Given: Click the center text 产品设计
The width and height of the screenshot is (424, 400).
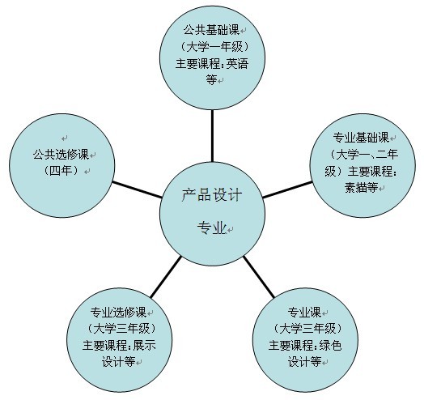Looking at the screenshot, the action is click(212, 195).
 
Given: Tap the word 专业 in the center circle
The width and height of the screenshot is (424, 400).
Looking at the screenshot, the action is click(211, 228).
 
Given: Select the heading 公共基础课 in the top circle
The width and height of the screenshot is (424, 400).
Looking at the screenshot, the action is click(211, 30).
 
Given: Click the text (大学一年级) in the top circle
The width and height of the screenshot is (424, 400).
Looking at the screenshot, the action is click(214, 47).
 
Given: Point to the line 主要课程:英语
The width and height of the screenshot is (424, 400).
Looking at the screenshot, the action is click(212, 64).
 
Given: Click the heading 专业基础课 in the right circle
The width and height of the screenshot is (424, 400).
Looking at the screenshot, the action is click(361, 138).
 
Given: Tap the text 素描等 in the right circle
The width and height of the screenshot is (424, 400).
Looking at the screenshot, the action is click(361, 187).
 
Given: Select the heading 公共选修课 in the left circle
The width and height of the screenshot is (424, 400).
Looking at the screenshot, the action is click(61, 155).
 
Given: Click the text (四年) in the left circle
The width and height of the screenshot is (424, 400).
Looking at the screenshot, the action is click(61, 171).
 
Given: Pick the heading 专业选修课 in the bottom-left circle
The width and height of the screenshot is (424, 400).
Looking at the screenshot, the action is click(118, 312).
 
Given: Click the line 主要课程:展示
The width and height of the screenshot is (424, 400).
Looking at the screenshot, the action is click(119, 345).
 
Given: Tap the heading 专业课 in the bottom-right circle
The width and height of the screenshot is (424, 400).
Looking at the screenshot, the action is click(304, 312).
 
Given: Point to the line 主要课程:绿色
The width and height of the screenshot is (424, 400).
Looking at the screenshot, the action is click(305, 345).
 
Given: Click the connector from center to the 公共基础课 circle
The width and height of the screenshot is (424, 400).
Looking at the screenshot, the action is click(212, 136).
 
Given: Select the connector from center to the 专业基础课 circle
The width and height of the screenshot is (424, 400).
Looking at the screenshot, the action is click(287, 189).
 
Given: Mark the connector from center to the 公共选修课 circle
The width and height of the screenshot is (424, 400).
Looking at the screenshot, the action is click(138, 189).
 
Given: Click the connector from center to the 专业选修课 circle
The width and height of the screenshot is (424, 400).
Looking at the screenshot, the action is click(166, 277).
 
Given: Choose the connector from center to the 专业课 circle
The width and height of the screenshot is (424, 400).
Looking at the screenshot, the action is click(259, 277).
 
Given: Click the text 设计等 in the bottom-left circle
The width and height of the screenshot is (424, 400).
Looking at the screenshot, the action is click(118, 362).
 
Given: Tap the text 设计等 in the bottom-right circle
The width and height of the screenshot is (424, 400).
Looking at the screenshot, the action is click(304, 362).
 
